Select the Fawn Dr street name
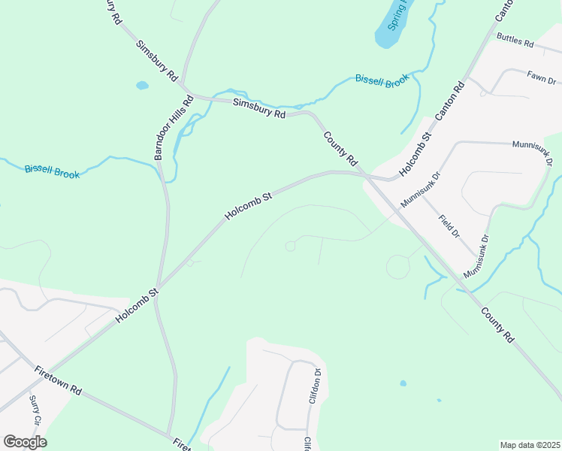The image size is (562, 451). tap(541, 77)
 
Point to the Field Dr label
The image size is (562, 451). tap(449, 226)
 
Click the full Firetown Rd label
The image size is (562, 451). tap(58, 381)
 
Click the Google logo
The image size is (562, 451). tap(25, 442)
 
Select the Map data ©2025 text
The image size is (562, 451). tap(530, 445)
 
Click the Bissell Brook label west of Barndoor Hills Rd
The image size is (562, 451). tap(52, 171)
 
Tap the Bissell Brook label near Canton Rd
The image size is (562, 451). tap(382, 80)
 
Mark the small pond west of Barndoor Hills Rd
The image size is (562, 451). tap(142, 86)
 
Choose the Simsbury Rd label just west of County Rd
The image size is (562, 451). tap(259, 109)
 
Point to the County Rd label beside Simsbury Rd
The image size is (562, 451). tap(340, 149)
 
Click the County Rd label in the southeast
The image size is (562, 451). tap(497, 325)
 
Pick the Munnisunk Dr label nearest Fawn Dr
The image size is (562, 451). tap(532, 152)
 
